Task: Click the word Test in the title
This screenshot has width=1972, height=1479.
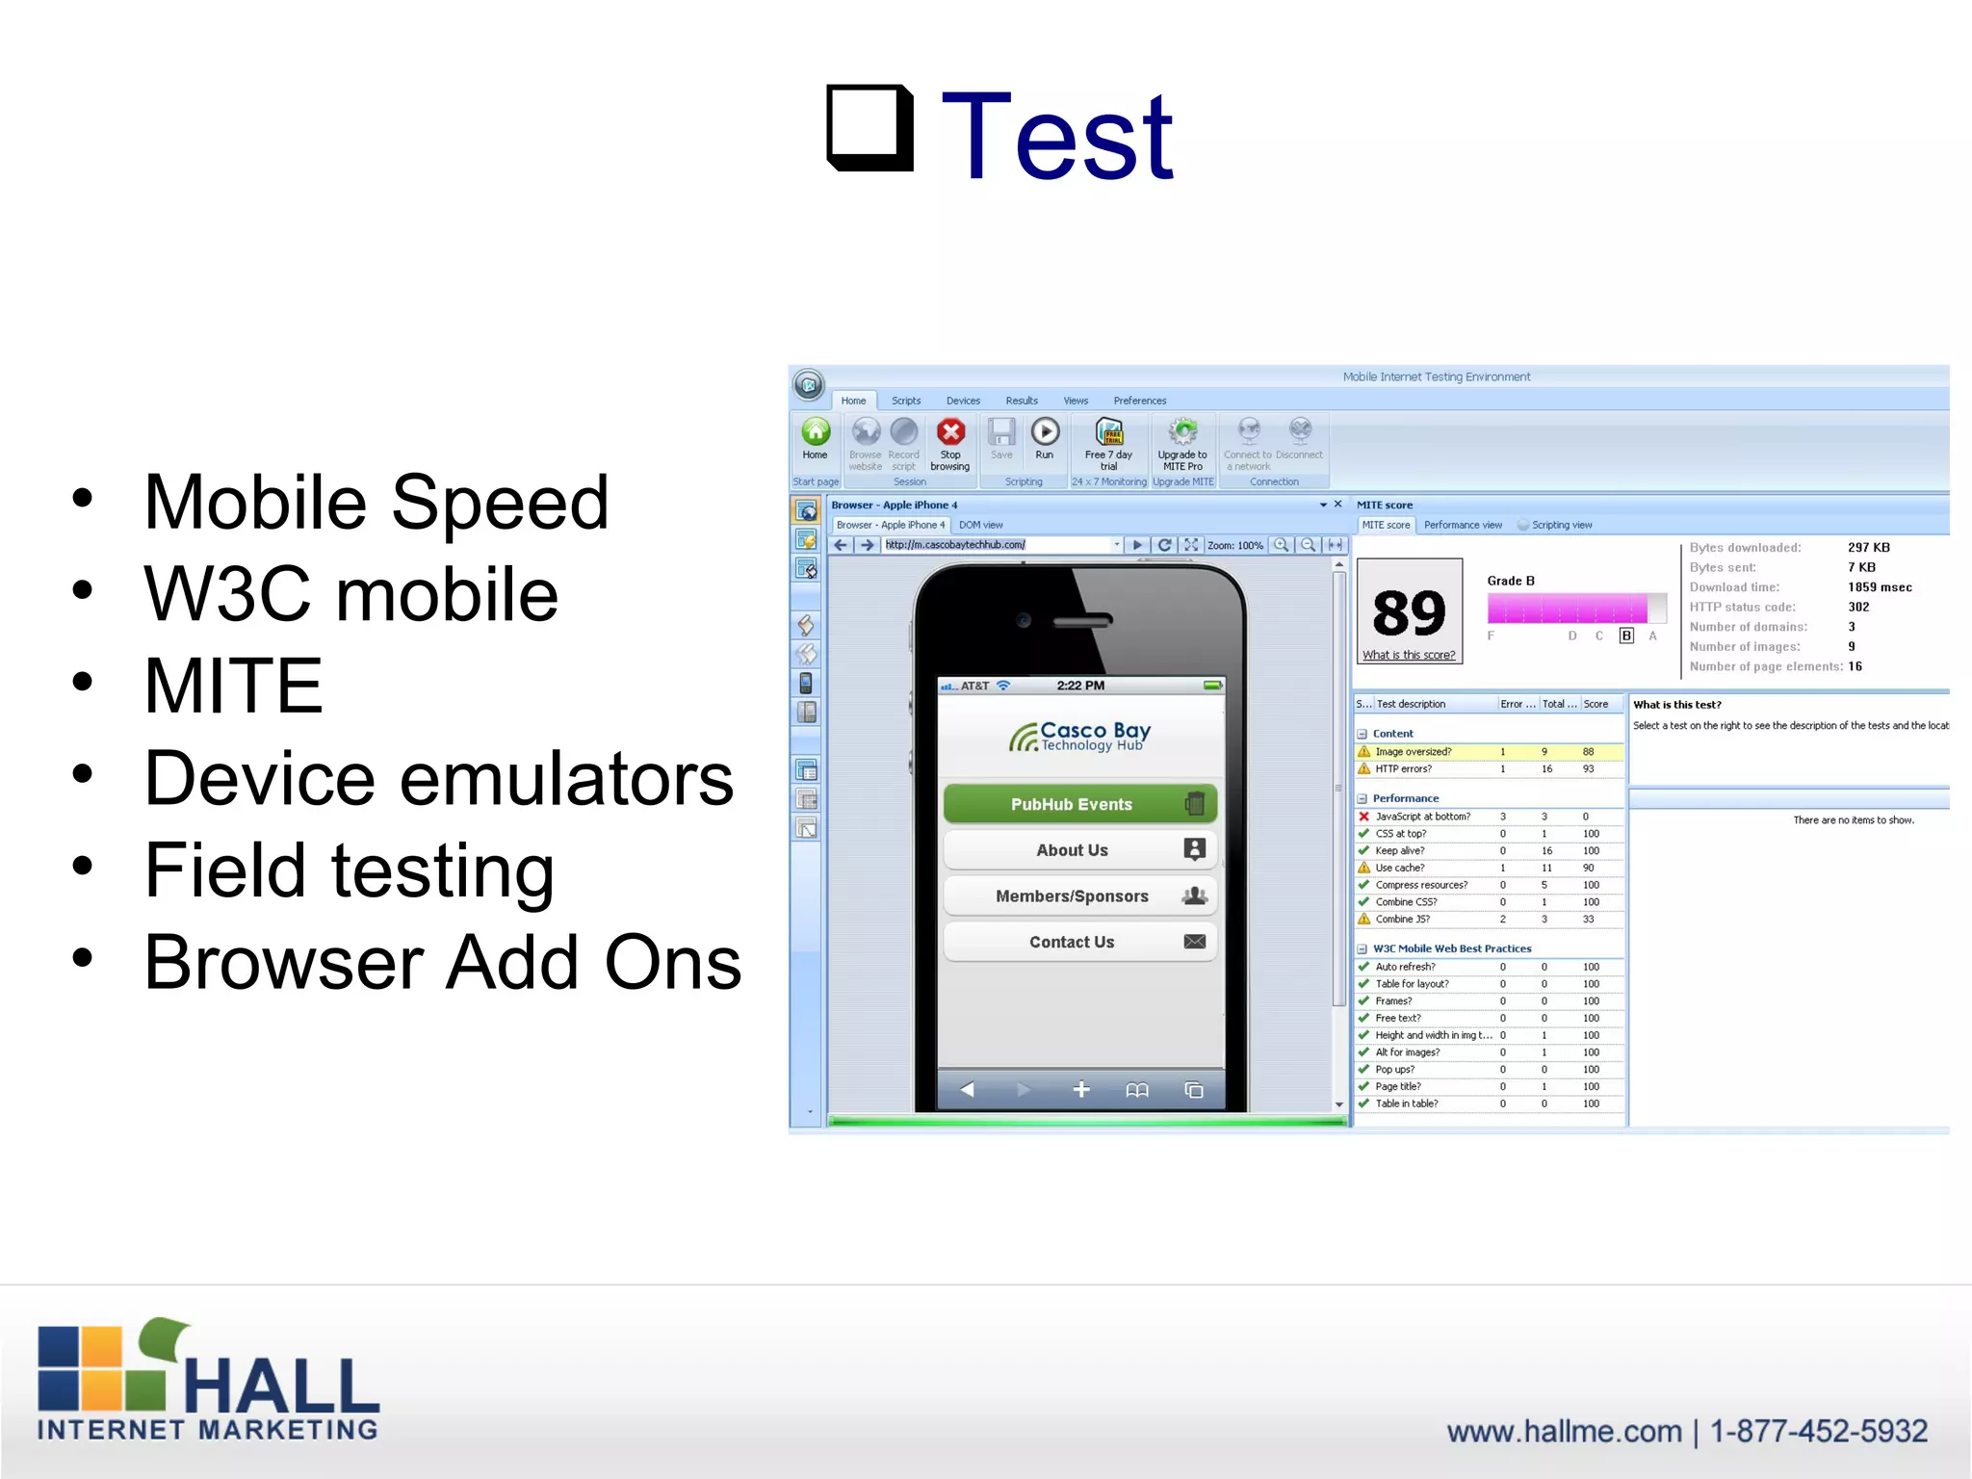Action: [x=1056, y=137]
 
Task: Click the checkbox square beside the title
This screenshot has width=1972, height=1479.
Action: [x=869, y=127]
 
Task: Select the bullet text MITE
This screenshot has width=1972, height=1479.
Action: [x=233, y=686]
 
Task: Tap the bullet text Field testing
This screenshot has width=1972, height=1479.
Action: [x=349, y=869]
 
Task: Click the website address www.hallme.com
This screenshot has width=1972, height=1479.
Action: [x=1564, y=1432]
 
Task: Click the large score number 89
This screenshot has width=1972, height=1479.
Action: [x=1408, y=612]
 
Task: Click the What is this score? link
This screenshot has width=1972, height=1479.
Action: [x=1408, y=656]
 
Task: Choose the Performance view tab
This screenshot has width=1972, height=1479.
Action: [x=1463, y=525]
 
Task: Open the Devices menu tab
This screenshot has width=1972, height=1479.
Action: [x=962, y=401]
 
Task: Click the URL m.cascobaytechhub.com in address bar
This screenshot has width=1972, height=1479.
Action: [x=955, y=545]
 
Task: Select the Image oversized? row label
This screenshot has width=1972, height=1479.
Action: [x=1413, y=752]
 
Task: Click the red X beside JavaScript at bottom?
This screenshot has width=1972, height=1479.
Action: [x=1363, y=817]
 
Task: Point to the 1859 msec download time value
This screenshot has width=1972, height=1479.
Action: [x=1879, y=587]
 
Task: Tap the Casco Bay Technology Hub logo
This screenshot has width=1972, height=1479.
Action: [x=1079, y=737]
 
